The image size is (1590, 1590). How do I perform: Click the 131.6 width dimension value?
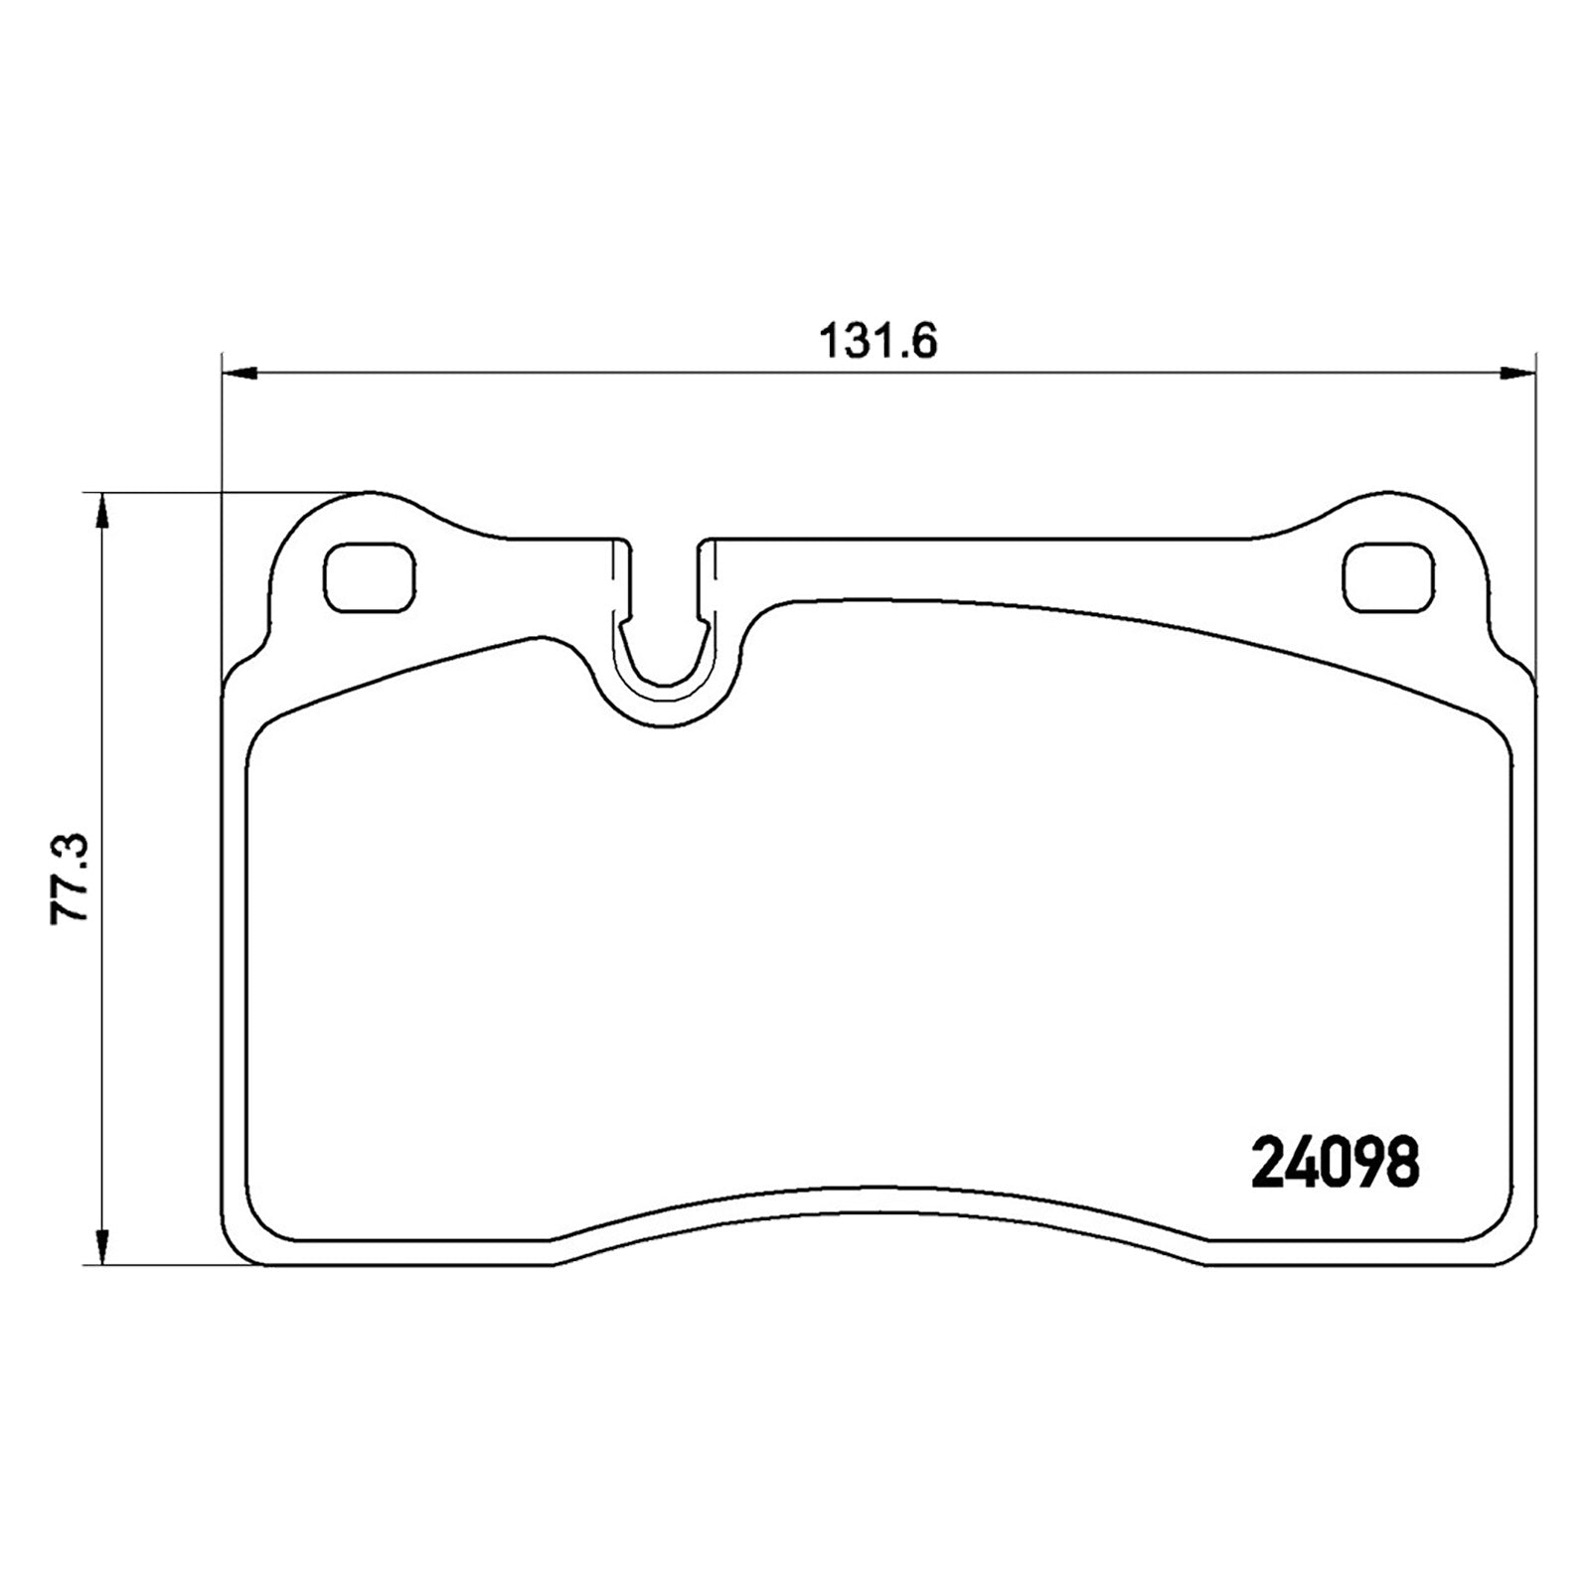[878, 342]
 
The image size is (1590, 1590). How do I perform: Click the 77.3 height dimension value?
[71, 879]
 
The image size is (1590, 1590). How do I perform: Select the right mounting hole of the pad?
[1388, 577]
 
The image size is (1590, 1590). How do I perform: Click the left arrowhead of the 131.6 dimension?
[239, 373]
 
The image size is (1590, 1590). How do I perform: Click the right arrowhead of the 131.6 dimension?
[1517, 373]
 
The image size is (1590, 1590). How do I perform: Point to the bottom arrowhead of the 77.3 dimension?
[100, 1246]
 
